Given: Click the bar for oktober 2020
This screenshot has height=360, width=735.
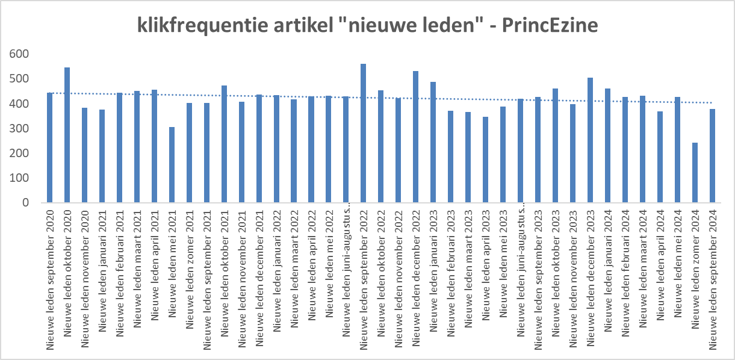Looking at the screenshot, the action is pyautogui.click(x=67, y=135).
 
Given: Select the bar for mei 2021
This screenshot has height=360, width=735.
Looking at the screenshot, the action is pyautogui.click(x=172, y=165).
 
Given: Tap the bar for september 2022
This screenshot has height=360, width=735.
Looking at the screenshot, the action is pyautogui.click(x=363, y=133).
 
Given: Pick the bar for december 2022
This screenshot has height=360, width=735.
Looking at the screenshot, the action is pyautogui.click(x=415, y=137).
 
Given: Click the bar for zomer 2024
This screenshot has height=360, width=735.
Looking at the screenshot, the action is pyautogui.click(x=695, y=173).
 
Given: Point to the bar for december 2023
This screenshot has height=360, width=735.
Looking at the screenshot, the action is pyautogui.click(x=590, y=140).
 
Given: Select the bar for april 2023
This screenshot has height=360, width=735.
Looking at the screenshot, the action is pyautogui.click(x=485, y=160).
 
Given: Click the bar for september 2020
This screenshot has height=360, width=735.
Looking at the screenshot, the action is pyautogui.click(x=49, y=147).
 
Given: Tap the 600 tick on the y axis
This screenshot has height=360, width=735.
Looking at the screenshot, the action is pyautogui.click(x=19, y=54).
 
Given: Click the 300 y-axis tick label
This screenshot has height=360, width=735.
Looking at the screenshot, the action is pyautogui.click(x=19, y=128).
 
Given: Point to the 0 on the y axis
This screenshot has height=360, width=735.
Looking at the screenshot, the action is pyautogui.click(x=26, y=203).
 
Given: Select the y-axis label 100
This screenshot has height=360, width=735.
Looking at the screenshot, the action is pyautogui.click(x=19, y=178).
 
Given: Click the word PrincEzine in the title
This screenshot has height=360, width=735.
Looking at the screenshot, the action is pyautogui.click(x=550, y=25).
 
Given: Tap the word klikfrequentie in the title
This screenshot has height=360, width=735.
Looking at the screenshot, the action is pyautogui.click(x=202, y=26).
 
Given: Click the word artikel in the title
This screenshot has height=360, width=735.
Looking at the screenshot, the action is pyautogui.click(x=303, y=25).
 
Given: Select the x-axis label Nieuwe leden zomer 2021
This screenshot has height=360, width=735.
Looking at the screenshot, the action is pyautogui.click(x=190, y=270).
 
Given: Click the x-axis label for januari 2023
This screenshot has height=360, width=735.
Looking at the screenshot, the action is pyautogui.click(x=433, y=271).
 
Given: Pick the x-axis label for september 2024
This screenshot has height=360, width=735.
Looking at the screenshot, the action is pyautogui.click(x=713, y=280).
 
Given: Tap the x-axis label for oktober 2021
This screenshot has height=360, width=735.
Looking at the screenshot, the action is pyautogui.click(x=225, y=273).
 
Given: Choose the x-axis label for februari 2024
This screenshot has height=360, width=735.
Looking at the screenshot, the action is pyautogui.click(x=625, y=273).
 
